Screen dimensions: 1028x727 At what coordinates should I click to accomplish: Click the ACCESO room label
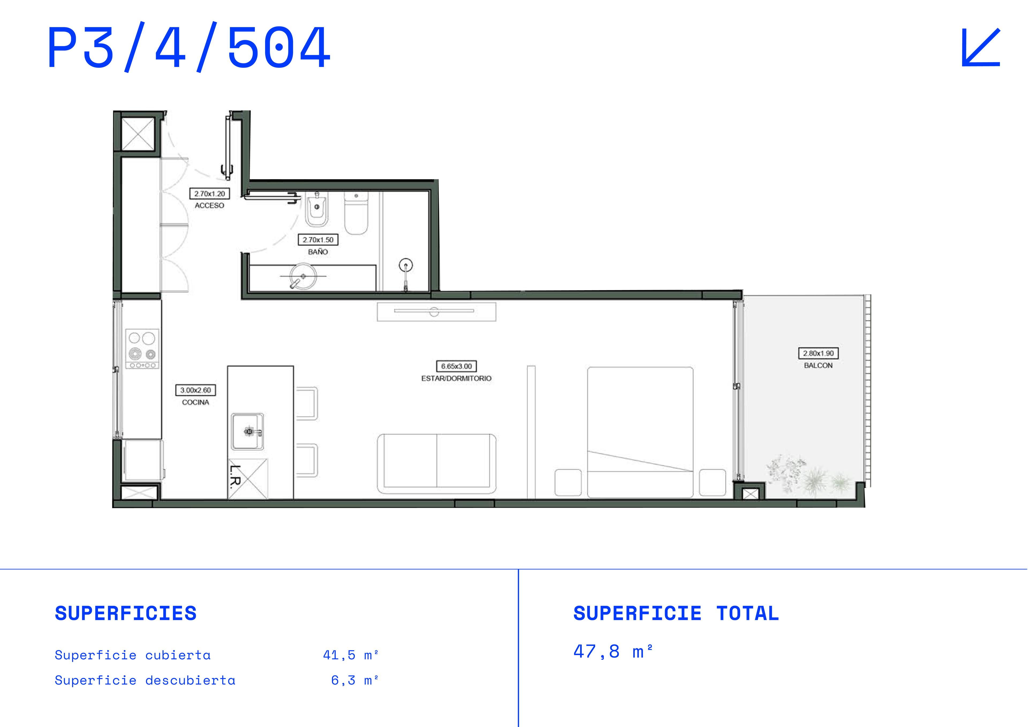point(209,206)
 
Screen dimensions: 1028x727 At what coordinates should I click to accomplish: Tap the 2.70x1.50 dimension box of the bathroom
point(318,240)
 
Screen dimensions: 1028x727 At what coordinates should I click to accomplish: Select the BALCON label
point(818,366)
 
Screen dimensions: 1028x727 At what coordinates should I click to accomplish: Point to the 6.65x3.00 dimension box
point(456,366)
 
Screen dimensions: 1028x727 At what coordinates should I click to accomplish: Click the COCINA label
point(195,402)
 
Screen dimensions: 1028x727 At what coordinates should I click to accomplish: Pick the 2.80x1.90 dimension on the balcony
point(818,353)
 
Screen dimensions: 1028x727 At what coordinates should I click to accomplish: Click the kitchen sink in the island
point(247,431)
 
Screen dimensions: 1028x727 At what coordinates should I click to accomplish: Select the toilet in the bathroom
point(356,213)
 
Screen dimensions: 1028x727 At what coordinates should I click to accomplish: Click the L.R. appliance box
point(248,479)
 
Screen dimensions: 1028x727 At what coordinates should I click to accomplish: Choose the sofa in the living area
point(437,464)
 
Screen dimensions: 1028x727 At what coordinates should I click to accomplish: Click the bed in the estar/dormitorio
point(640,432)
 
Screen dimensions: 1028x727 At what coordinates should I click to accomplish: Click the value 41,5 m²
point(351,655)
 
